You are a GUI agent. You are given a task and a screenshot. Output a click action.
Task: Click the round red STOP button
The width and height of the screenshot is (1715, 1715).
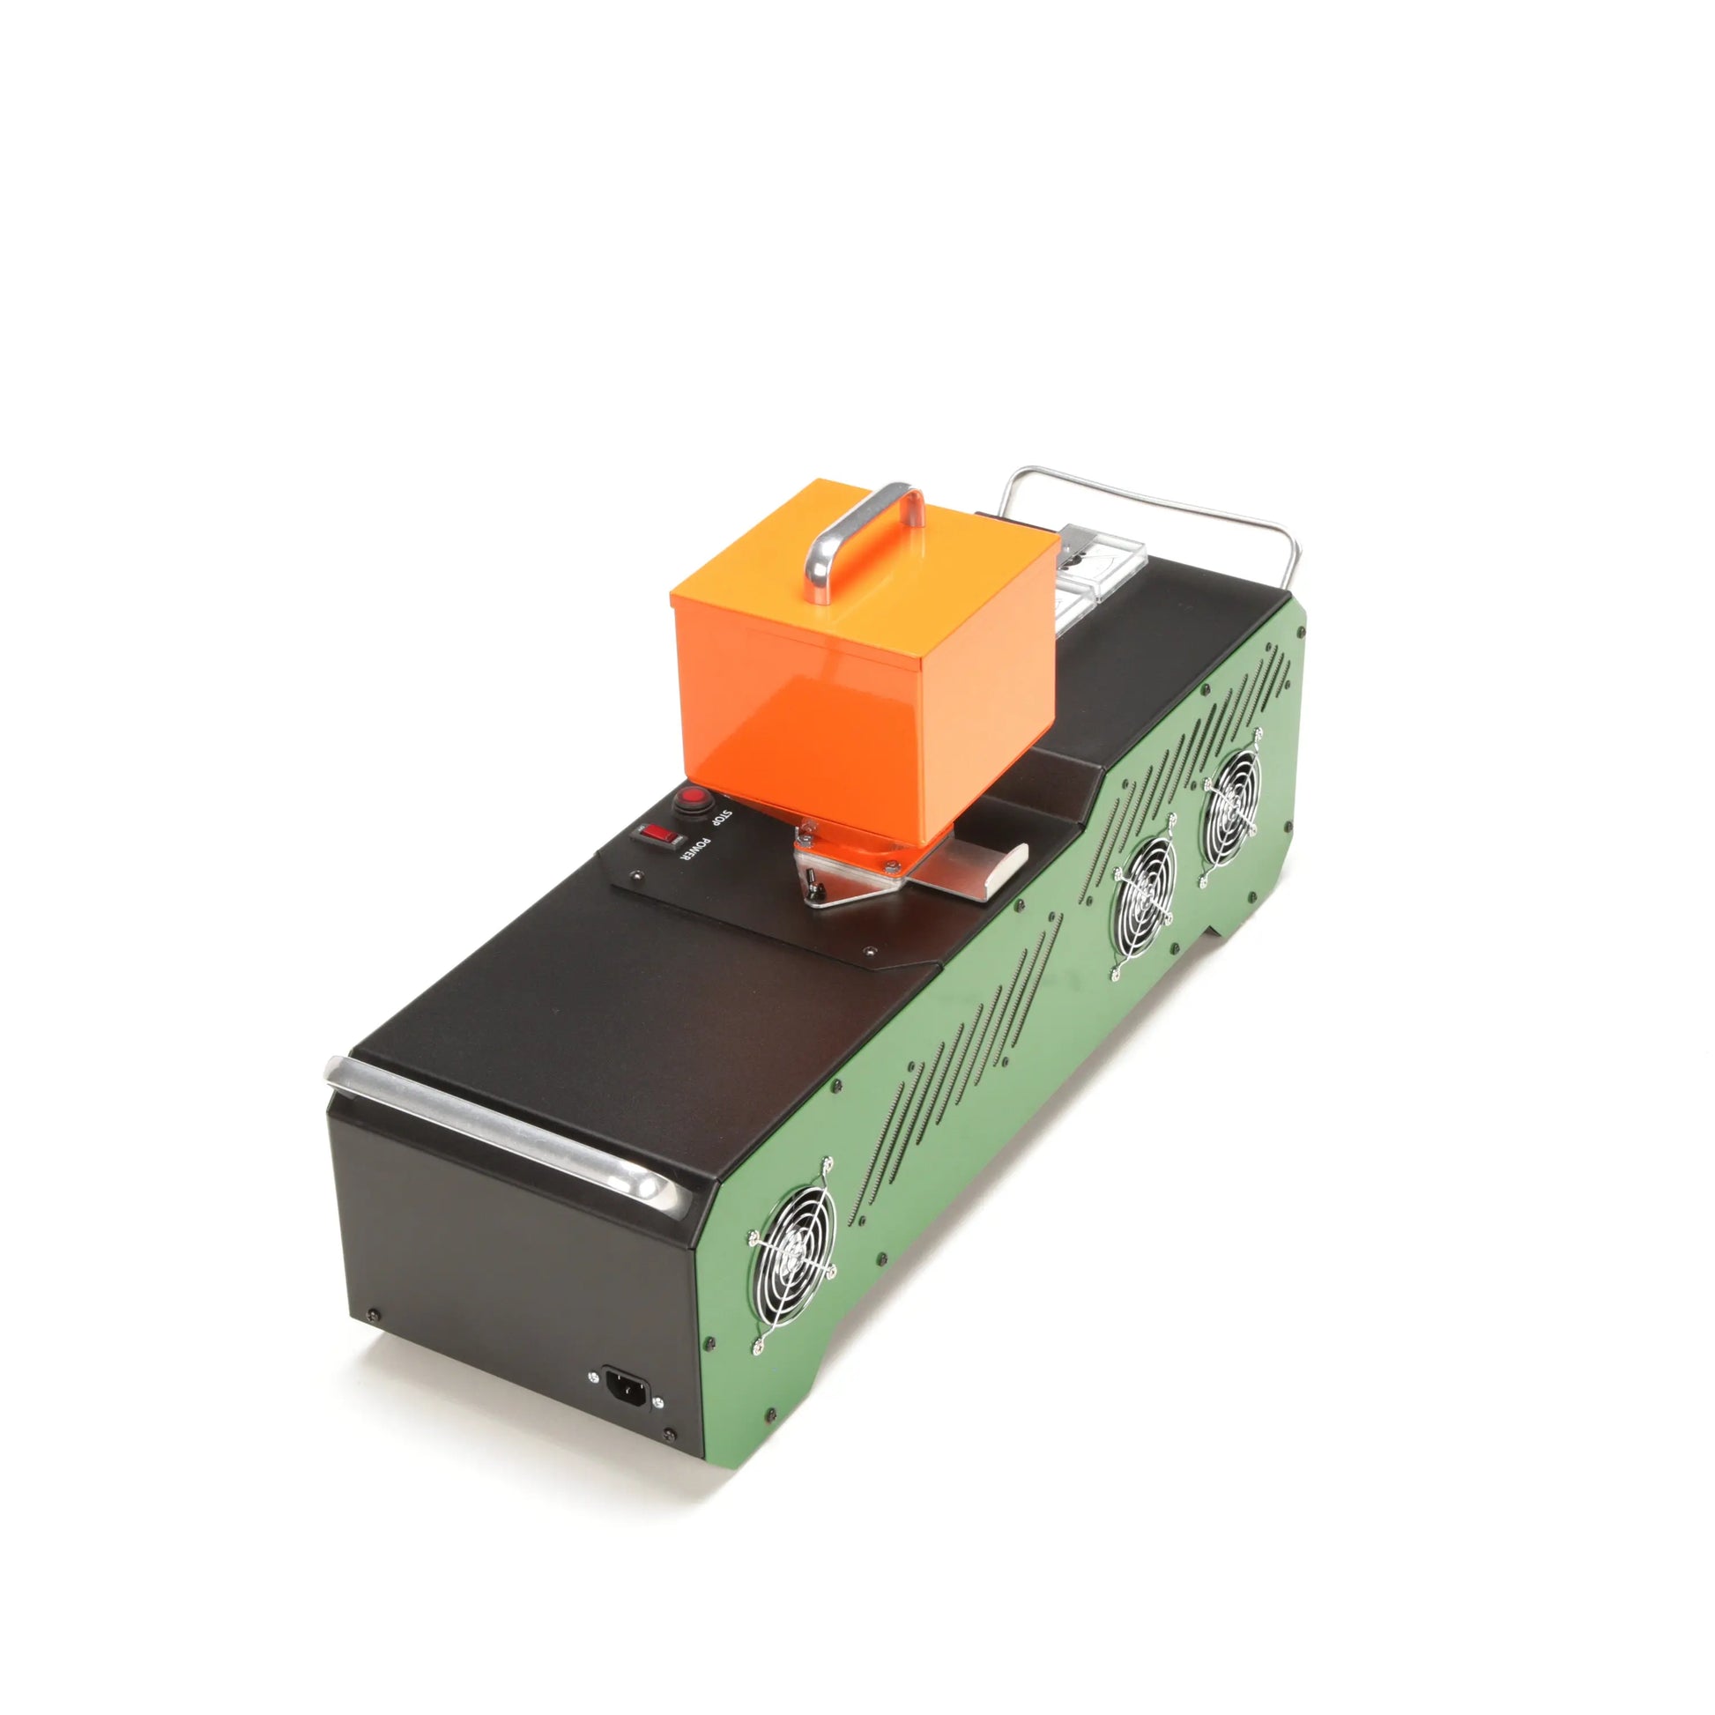693,798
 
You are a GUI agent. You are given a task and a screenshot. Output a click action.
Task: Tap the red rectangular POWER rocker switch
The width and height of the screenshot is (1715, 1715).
657,835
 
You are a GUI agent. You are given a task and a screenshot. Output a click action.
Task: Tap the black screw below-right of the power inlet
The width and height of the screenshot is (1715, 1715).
668,1459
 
